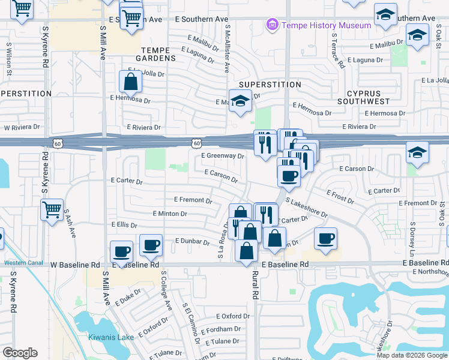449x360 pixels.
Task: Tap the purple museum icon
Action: point(273,25)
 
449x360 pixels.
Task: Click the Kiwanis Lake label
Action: point(111,337)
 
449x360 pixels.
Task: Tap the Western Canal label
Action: point(22,262)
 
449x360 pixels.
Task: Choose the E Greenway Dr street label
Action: point(222,156)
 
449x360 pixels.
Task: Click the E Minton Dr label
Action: point(170,214)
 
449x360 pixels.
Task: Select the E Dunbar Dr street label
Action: point(191,241)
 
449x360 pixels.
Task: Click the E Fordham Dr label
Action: point(220,329)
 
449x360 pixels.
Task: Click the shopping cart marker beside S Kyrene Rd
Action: point(52,211)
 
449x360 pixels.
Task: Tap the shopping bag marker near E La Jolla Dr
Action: point(130,82)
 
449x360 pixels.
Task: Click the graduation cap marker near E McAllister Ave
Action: point(240,101)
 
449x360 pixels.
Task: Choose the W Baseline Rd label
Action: point(75,265)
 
